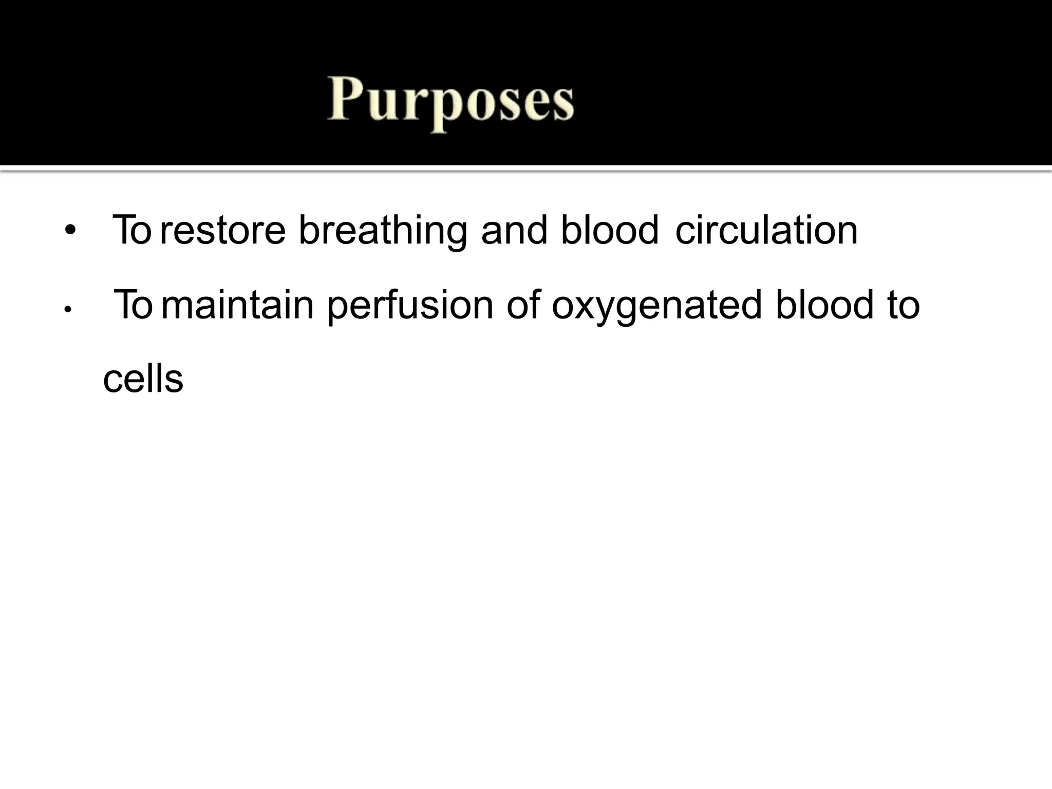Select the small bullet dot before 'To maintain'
point(67,310)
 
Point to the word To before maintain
point(133,305)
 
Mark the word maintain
point(237,305)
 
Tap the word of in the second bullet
point(523,305)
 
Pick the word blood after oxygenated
point(824,305)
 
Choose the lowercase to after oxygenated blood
point(903,305)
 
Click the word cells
point(143,380)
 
